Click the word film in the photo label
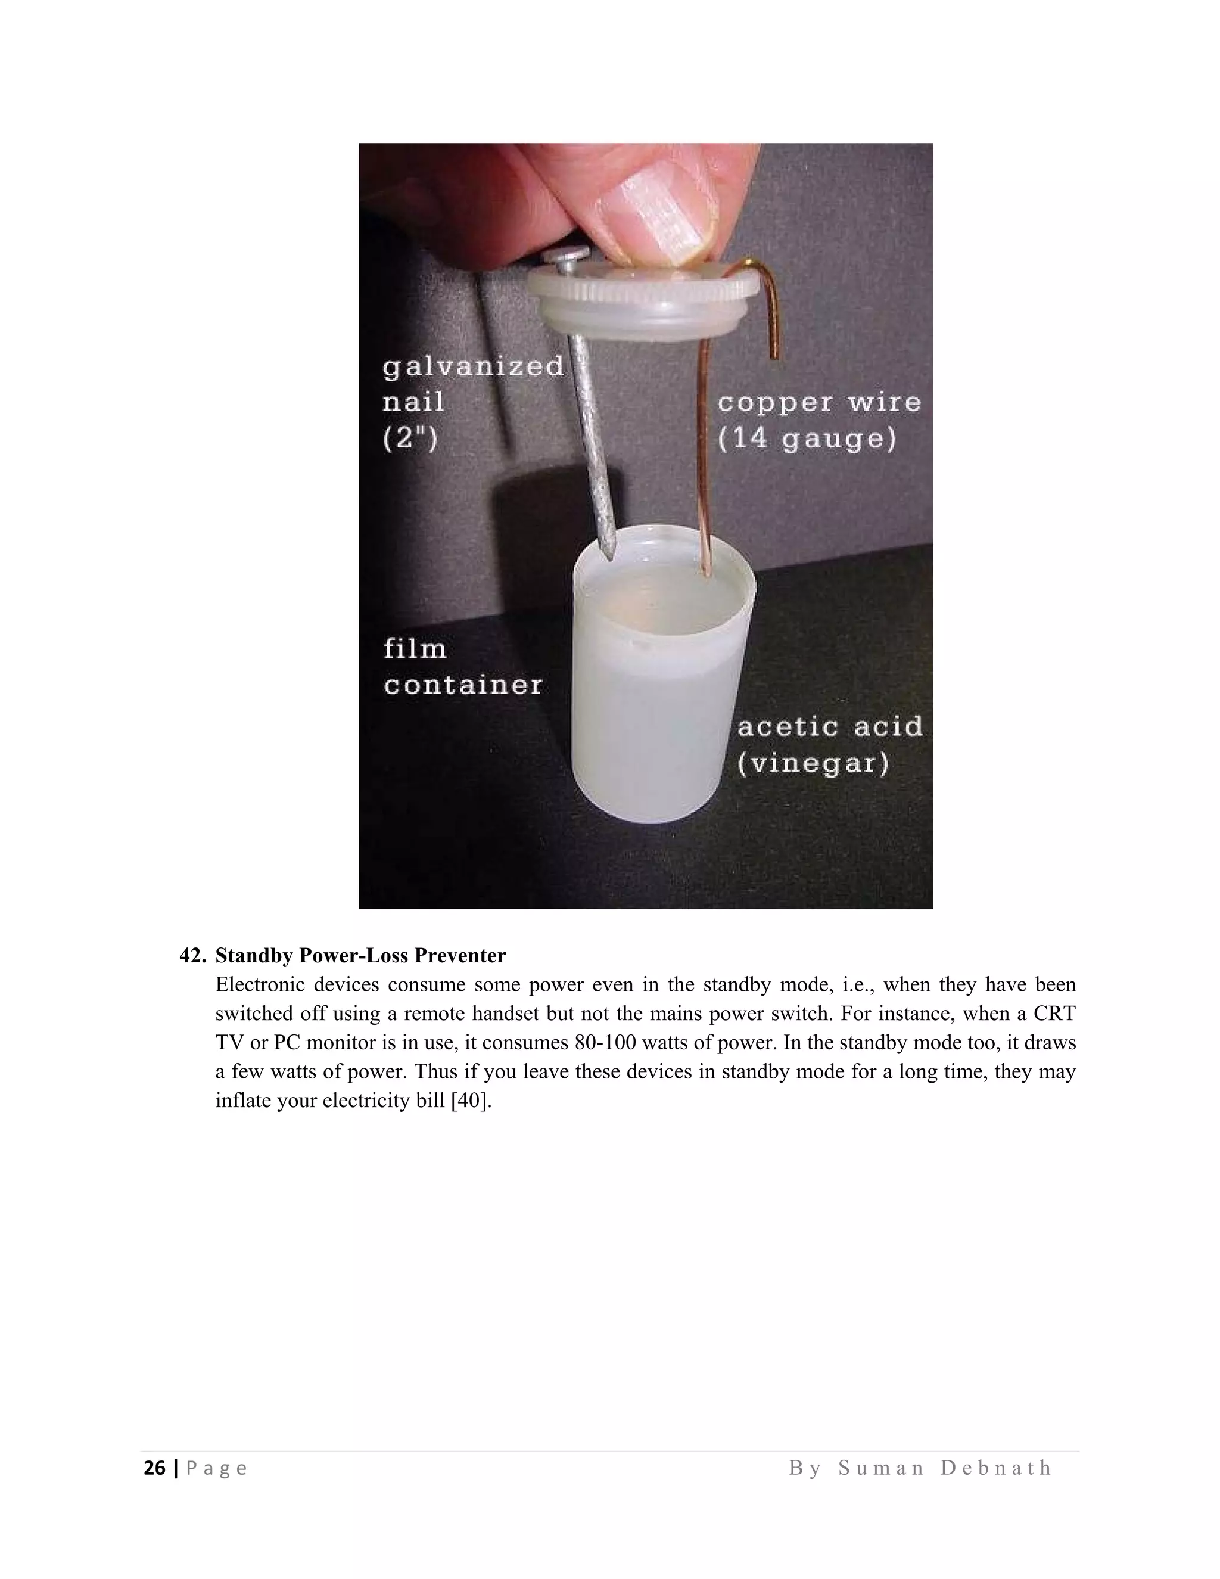415,648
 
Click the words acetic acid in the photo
830,726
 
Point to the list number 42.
193,956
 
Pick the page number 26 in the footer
154,1468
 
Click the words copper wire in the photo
820,403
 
